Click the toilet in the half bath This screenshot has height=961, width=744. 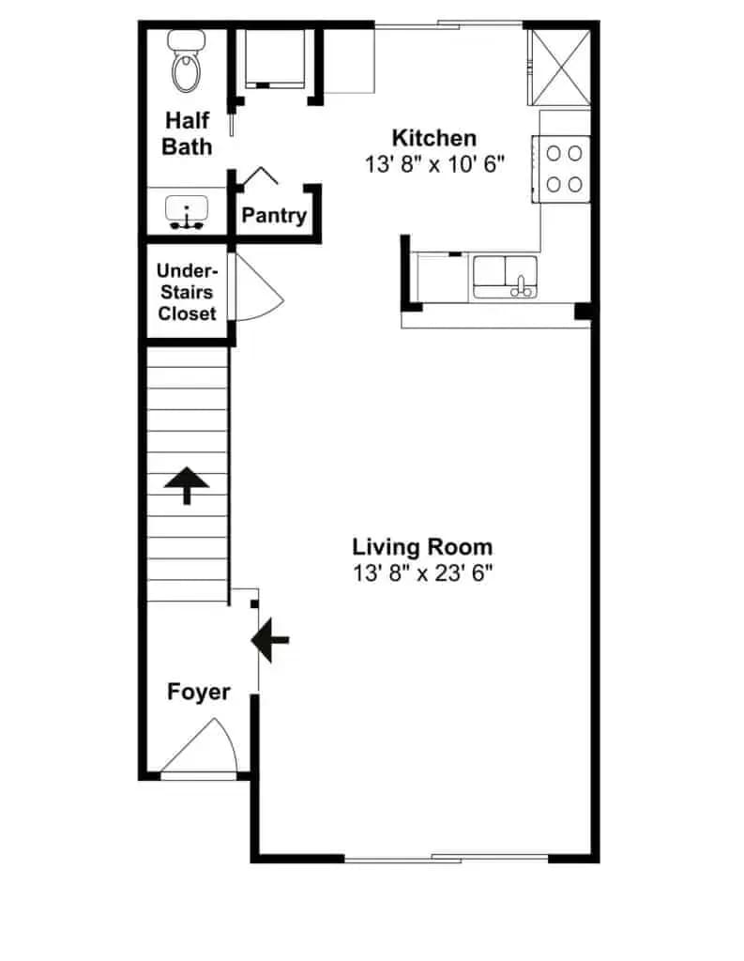187,61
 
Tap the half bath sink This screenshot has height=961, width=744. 187,211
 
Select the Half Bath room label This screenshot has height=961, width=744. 187,133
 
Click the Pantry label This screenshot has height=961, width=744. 274,216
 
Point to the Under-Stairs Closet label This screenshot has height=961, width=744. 187,292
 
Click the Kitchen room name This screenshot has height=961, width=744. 433,138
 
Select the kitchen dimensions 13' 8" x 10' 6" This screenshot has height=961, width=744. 434,164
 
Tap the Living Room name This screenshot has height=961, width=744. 422,547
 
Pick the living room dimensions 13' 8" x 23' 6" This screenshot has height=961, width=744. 422,573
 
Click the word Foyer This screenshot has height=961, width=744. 199,692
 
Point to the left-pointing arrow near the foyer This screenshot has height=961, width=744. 270,640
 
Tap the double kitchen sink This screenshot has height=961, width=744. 505,278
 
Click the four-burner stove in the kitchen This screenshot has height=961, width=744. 561,169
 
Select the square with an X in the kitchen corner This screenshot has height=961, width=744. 559,68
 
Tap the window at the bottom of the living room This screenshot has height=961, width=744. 447,859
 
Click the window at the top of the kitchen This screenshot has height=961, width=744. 448,25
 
